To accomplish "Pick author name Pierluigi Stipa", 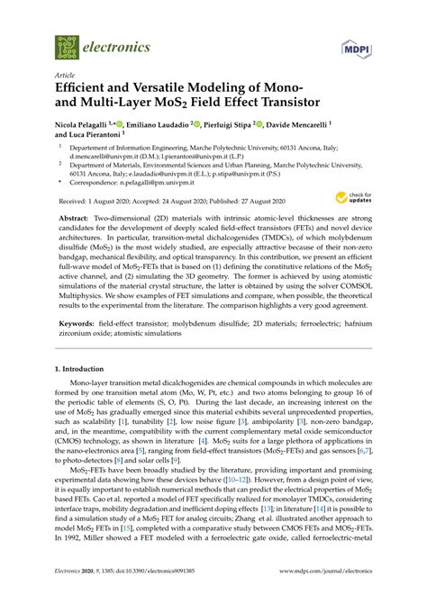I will pos(258,126).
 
